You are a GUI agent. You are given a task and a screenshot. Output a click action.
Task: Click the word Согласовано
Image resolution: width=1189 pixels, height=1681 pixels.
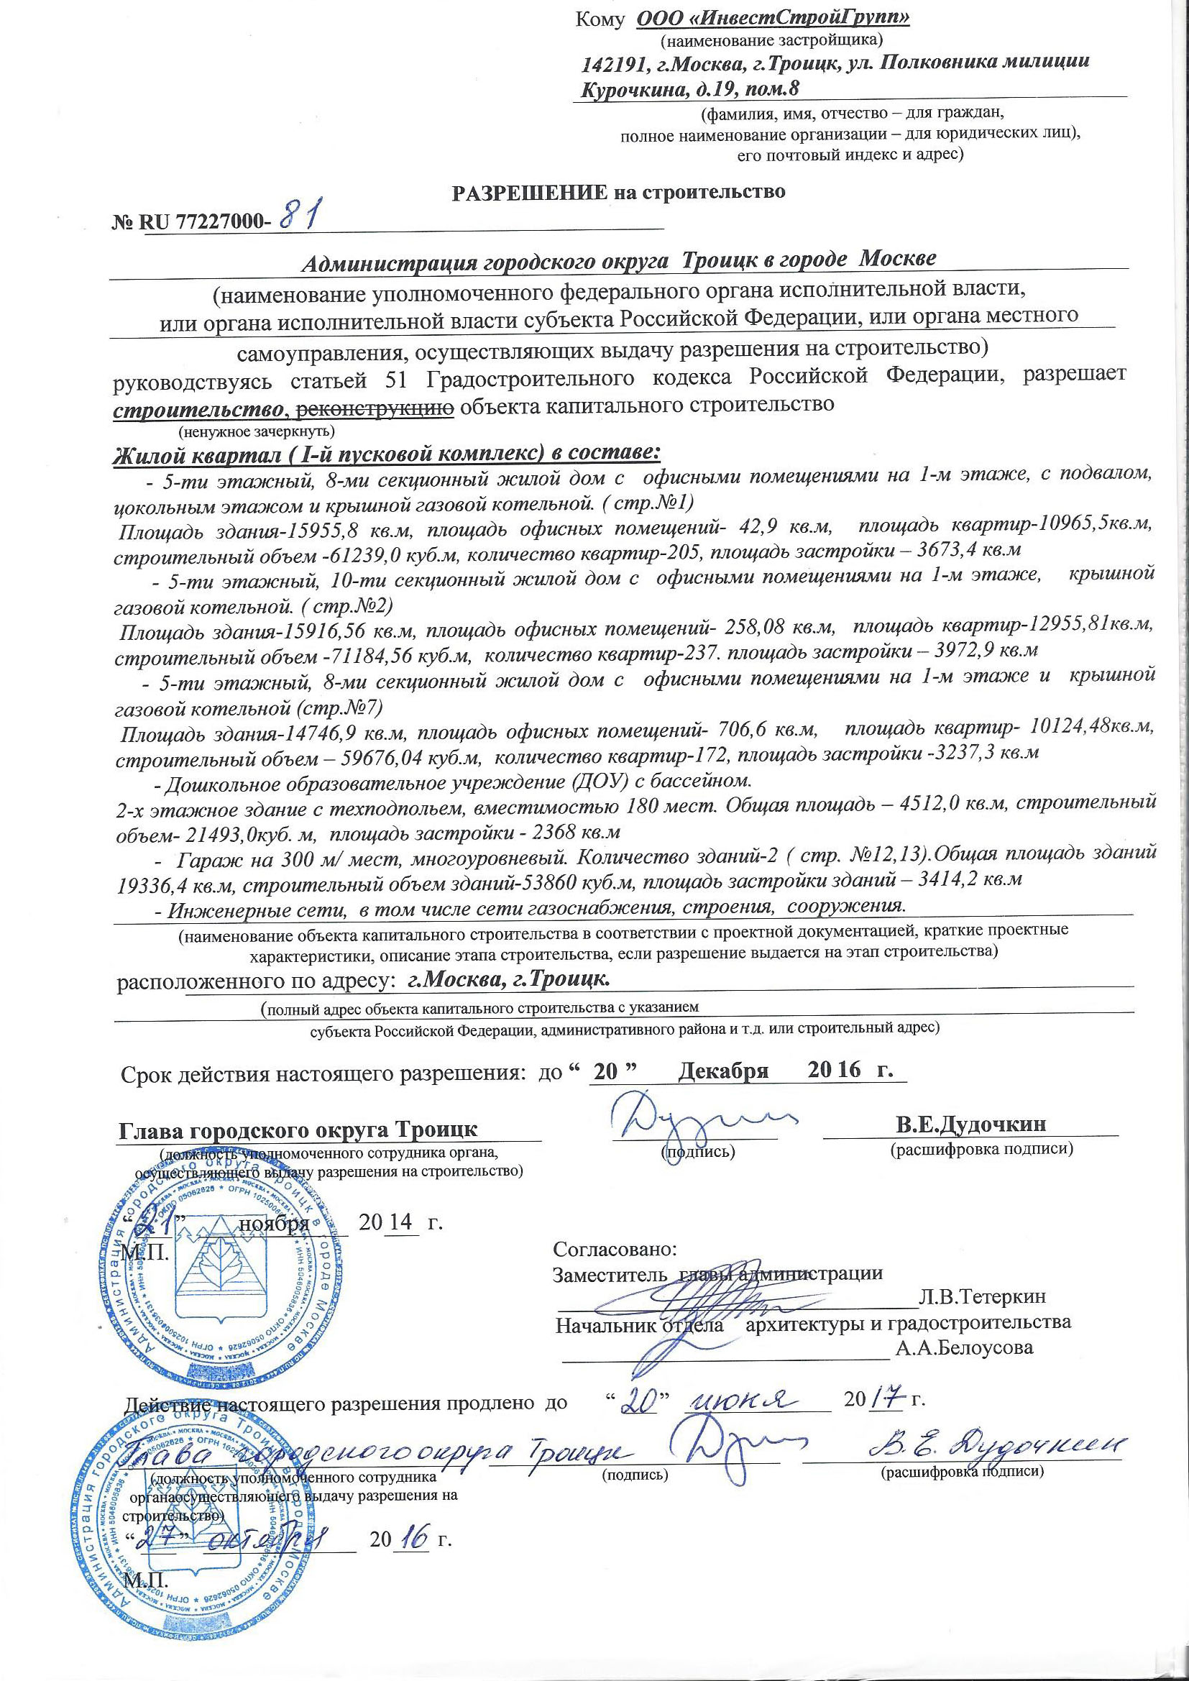tap(616, 1247)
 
